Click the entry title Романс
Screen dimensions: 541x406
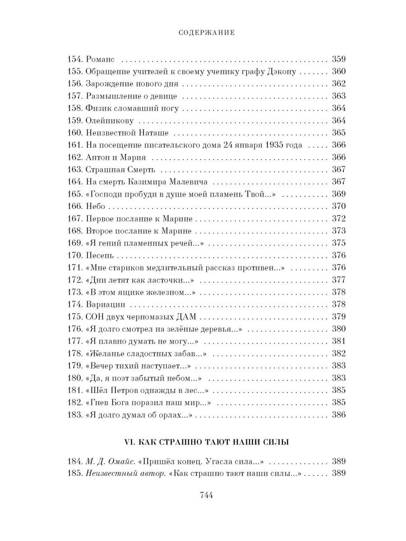pyautogui.click(x=101, y=59)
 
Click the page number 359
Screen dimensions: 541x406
pyautogui.click(x=338, y=59)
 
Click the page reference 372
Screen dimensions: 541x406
pyautogui.click(x=338, y=219)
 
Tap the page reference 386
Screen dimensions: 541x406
pyautogui.click(x=338, y=415)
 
